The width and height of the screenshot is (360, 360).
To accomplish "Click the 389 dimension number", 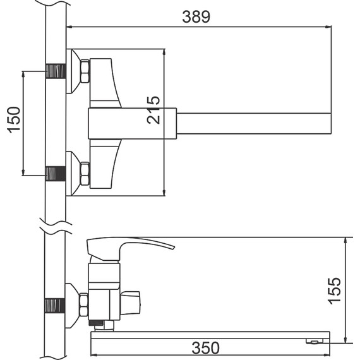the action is coord(196,17).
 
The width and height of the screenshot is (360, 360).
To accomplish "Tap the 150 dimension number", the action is coord(14,119).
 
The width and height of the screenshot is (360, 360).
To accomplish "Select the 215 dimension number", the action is coord(153,110).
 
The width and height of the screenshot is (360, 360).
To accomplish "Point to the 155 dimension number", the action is coord(334,291).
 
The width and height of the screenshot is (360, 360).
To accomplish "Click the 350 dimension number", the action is coord(205,348).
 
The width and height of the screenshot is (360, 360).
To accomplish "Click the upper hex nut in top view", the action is coord(85,71).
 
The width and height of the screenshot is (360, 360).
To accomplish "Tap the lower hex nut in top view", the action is coord(85,174).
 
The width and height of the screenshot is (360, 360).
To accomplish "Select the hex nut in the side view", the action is coord(83,304).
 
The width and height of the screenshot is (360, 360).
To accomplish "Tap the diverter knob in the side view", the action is coord(130,303).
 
